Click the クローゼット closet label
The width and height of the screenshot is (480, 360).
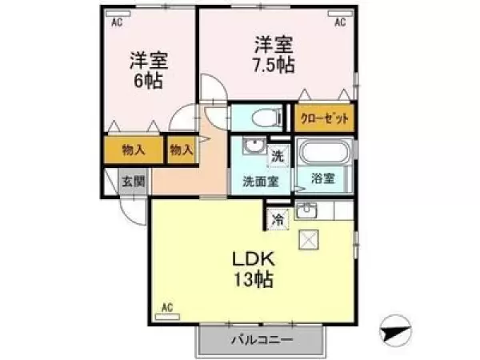[324, 118]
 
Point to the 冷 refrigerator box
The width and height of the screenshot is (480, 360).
[278, 218]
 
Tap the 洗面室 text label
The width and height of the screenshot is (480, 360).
[260, 181]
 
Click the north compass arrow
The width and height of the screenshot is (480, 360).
[395, 328]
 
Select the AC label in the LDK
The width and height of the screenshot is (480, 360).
[168, 306]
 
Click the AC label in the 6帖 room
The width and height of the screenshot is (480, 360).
[116, 22]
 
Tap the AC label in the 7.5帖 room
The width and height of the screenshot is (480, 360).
[339, 22]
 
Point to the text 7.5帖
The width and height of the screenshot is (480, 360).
[274, 66]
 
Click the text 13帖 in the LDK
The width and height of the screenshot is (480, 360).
[254, 280]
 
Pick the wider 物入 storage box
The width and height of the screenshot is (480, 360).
[133, 150]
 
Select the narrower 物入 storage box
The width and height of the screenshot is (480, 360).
[182, 150]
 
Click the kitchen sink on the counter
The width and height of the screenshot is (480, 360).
[306, 210]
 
